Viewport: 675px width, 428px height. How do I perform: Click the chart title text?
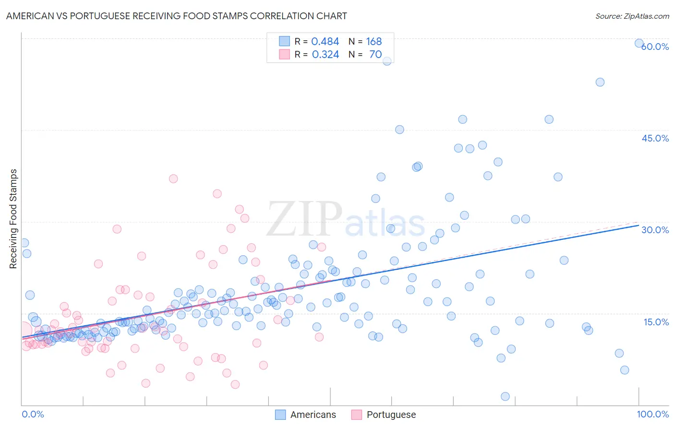[176, 16]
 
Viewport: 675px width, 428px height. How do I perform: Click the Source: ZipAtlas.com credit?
[632, 16]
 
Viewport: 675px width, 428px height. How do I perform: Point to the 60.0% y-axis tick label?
[655, 47]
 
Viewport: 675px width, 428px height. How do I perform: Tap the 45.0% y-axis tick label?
[655, 138]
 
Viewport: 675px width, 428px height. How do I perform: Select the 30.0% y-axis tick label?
[655, 230]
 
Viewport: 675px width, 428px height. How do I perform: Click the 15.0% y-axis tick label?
[656, 322]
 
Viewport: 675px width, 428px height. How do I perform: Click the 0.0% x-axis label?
[33, 414]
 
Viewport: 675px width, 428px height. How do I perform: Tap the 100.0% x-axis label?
[652, 414]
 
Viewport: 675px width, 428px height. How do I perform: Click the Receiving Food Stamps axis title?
[13, 219]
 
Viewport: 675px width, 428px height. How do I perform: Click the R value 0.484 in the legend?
[325, 42]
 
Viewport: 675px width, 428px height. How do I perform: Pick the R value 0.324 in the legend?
[325, 55]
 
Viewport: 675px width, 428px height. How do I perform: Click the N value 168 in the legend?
[374, 42]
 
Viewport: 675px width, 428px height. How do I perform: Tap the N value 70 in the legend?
[375, 55]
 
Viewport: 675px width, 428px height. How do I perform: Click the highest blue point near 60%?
[639, 43]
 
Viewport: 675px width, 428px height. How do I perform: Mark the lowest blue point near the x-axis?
[505, 396]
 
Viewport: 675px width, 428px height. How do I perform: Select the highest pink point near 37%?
[173, 178]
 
